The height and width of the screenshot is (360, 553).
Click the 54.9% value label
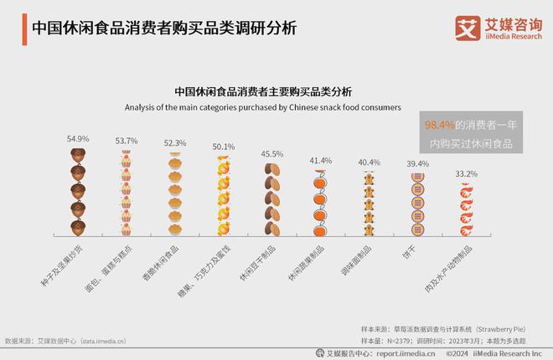pos(78,139)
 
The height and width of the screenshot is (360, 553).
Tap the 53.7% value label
pos(126,141)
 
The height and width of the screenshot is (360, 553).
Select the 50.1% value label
pos(224,147)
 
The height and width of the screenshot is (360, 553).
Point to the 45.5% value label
pos(271,154)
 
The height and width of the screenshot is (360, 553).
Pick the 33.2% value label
pos(466,174)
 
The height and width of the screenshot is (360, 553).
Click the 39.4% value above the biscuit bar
pos(417,163)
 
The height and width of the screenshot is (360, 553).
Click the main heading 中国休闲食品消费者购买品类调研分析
pos(163,27)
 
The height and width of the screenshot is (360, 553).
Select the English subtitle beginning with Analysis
pos(263,108)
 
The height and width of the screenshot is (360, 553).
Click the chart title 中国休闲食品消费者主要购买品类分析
pos(263,92)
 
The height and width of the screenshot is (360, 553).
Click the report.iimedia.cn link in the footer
pos(406,353)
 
